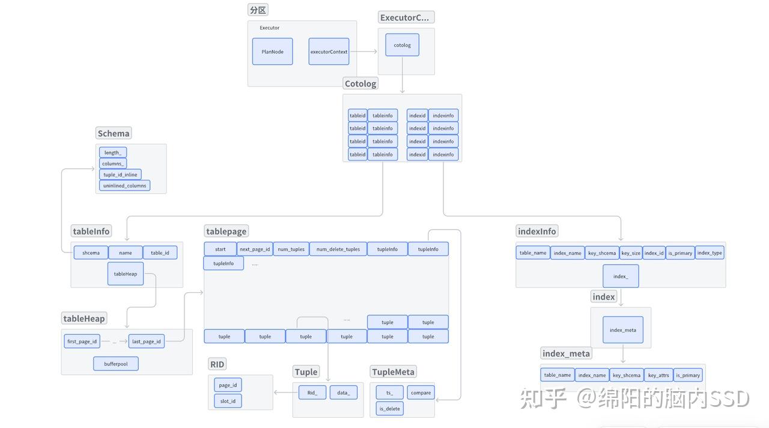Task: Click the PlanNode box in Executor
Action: coord(272,52)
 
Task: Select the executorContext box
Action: coord(329,52)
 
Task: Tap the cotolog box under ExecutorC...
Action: coord(402,45)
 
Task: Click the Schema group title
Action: coord(113,133)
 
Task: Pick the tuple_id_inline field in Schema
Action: coord(120,175)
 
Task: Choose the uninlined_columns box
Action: coord(124,186)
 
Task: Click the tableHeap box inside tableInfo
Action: coord(126,274)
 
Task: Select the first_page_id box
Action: coord(82,341)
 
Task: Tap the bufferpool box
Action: coord(115,364)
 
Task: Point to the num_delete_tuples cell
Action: coord(338,249)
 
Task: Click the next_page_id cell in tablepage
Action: coord(254,249)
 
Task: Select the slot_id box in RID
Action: coord(228,401)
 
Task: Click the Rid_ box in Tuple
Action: coord(312,393)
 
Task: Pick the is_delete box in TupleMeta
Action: coord(389,409)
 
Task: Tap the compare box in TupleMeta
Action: coord(421,393)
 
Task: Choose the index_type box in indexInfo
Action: coord(710,252)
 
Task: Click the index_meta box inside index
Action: coord(622,329)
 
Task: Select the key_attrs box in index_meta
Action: coord(658,375)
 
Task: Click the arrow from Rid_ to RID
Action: coord(286,393)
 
